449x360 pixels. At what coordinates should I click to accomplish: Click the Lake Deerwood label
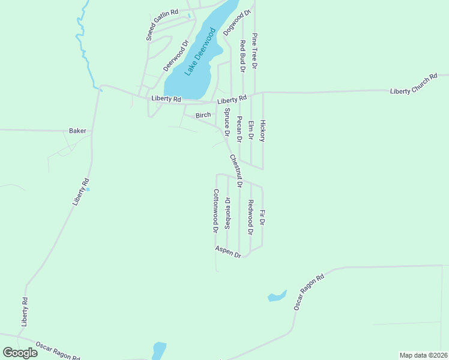tap(200, 52)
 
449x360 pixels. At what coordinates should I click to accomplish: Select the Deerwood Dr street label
tap(177, 55)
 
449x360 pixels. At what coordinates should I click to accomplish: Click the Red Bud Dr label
tap(243, 56)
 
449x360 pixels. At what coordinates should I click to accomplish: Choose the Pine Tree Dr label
tap(255, 50)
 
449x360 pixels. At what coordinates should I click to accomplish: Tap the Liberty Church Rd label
tap(414, 85)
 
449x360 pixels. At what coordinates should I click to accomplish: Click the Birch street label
tap(203, 115)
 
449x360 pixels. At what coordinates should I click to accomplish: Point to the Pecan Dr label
tap(240, 129)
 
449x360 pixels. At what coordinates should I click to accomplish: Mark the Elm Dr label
tap(251, 131)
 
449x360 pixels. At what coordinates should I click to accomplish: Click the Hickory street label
tap(262, 130)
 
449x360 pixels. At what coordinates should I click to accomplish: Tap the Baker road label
tap(77, 130)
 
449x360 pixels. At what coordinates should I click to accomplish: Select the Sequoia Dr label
tap(228, 213)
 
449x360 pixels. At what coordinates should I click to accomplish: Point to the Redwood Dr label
tap(251, 217)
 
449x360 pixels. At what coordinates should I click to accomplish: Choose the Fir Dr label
tap(262, 217)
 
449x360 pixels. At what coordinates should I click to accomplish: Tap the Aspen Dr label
tap(228, 252)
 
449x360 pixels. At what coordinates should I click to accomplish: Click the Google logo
tap(20, 353)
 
